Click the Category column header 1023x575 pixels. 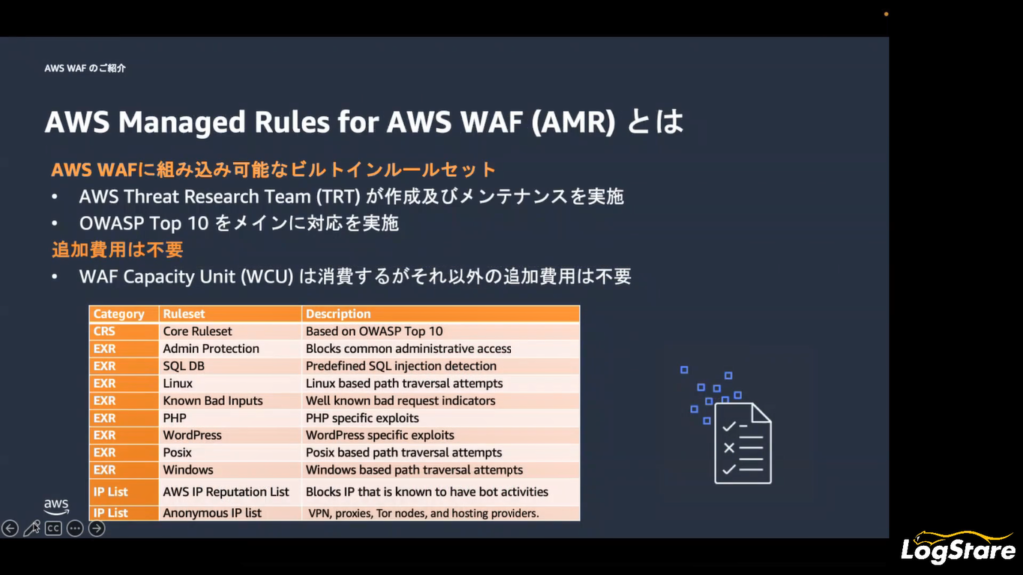point(123,314)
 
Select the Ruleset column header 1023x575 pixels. point(230,314)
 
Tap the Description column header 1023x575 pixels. point(441,314)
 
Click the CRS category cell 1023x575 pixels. point(123,331)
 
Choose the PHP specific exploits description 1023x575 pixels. point(362,418)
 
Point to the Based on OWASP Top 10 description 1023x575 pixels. point(374,331)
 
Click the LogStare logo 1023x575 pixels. point(958,547)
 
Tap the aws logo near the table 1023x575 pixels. point(56,506)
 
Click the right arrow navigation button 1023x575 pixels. point(97,528)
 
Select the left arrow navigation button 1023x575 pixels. point(10,528)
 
